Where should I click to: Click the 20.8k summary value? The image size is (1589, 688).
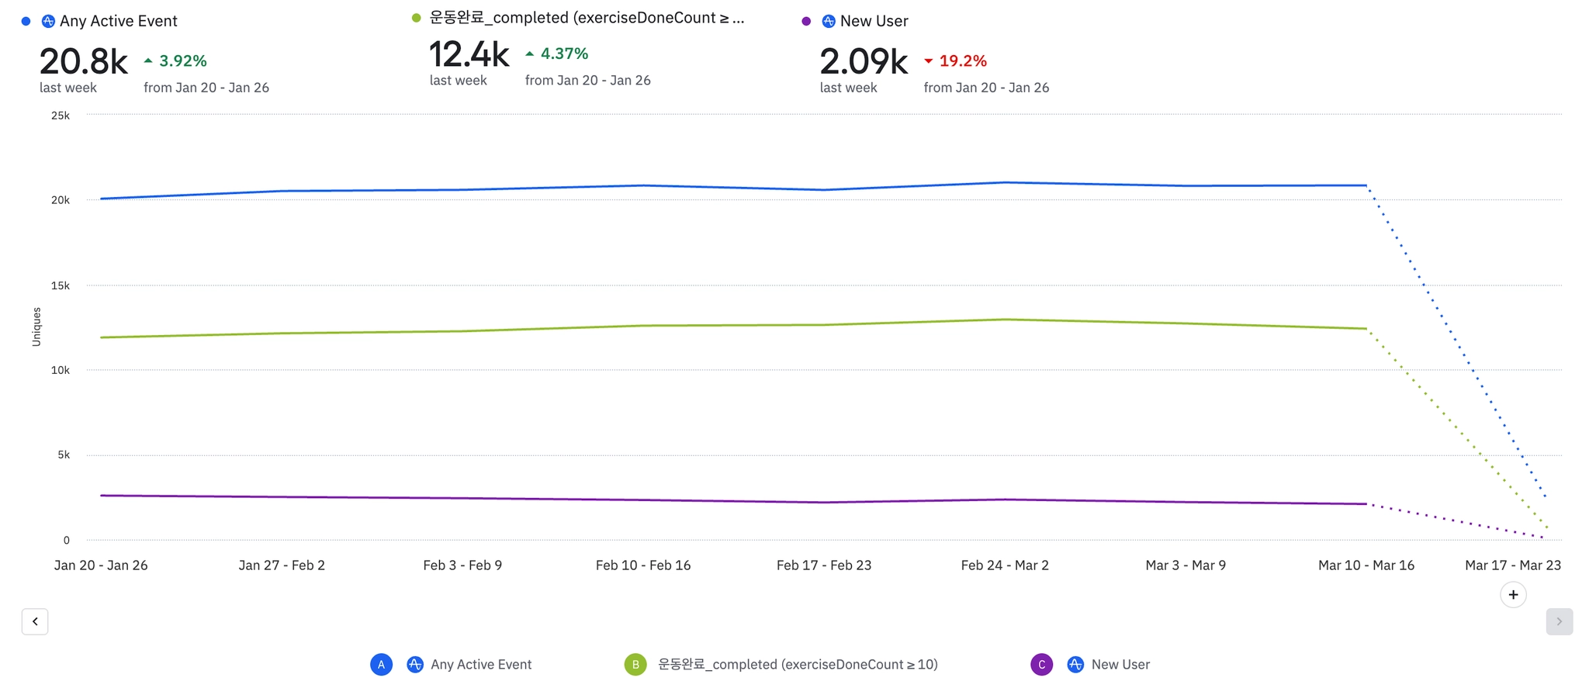(84, 62)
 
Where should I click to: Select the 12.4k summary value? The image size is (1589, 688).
(469, 55)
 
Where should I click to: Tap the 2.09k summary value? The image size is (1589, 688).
(864, 62)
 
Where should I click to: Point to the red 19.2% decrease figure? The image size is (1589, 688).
(963, 61)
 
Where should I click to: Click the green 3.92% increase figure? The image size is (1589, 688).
(182, 61)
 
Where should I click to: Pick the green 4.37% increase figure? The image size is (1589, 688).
(564, 54)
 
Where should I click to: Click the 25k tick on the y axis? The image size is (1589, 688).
(61, 116)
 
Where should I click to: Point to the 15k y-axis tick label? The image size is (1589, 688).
(61, 285)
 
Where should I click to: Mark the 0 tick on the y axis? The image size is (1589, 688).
(66, 540)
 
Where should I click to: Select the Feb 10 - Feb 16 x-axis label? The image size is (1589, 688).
(643, 565)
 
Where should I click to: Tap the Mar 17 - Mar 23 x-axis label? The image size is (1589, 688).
(1513, 565)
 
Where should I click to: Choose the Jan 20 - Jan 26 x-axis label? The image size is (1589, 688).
(101, 565)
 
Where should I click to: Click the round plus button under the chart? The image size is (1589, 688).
(1513, 595)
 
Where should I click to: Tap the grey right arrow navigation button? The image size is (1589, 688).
(1559, 621)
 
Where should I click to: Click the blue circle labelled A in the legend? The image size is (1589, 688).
(381, 665)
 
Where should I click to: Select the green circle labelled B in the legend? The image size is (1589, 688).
(635, 665)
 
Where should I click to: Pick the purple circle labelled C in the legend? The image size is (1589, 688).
(1041, 665)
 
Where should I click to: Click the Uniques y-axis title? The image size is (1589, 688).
(36, 327)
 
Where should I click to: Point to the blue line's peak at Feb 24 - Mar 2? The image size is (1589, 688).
(1006, 182)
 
